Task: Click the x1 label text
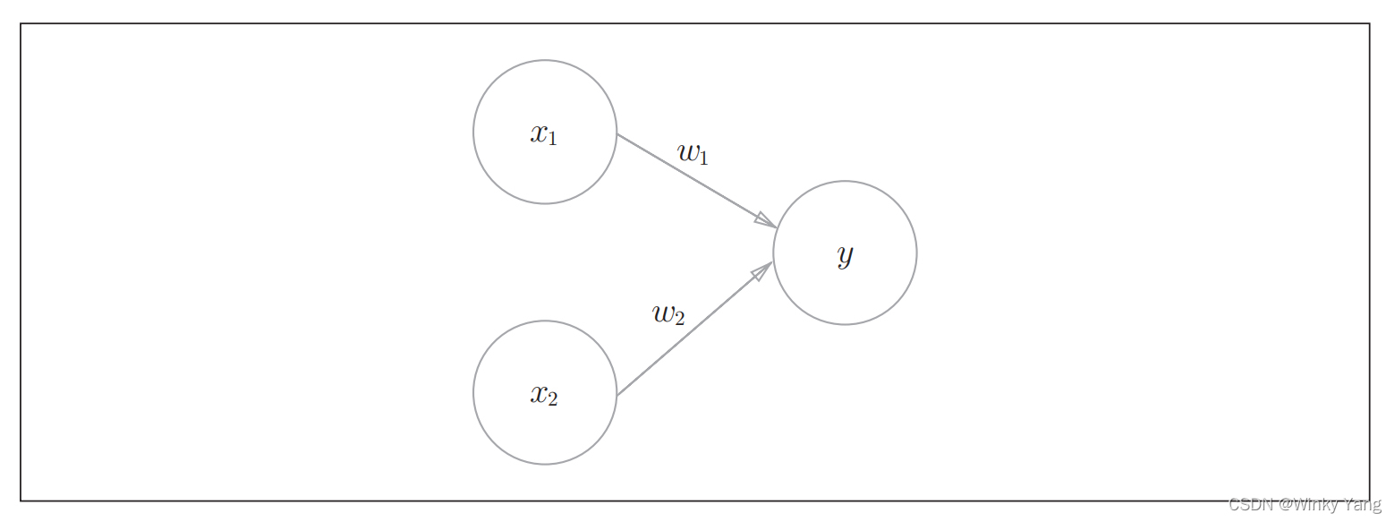pos(543,134)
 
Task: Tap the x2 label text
pos(543,394)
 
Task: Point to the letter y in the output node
pos(845,255)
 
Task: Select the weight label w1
pos(693,153)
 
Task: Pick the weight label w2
pos(668,314)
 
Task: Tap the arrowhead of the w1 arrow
pos(766,220)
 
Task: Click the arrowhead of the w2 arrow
pos(762,270)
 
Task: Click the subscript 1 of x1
pos(552,139)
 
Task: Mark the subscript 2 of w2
pos(679,319)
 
